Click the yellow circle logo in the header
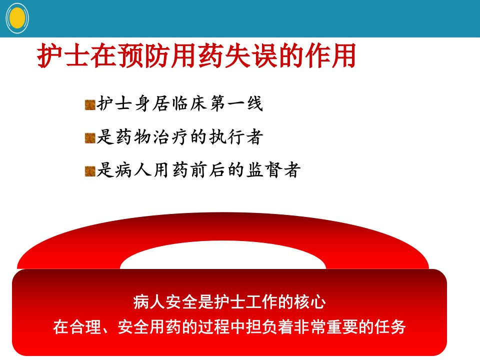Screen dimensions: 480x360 tap(17, 18)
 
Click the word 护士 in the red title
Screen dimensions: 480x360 tap(63, 55)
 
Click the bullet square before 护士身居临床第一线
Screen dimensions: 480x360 tap(90, 104)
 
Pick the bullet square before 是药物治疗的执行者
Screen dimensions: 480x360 tap(90, 138)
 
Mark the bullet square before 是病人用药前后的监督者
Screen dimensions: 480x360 tap(90, 171)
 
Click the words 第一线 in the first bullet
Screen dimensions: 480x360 tap(236, 103)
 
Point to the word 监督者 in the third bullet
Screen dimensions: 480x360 tap(274, 170)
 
